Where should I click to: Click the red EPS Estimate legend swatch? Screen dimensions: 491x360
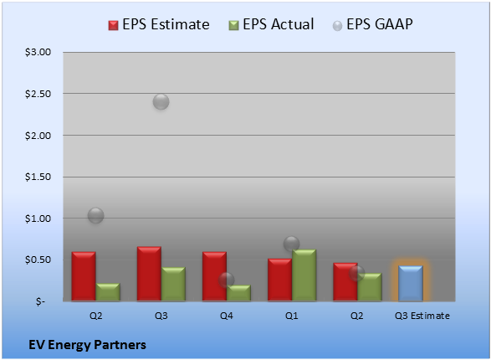pyautogui.click(x=113, y=25)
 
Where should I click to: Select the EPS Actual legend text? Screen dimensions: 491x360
pyautogui.click(x=278, y=24)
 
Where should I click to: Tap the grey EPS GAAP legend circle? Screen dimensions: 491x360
pyautogui.click(x=337, y=26)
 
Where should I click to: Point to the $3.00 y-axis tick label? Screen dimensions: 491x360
pyautogui.click(x=38, y=52)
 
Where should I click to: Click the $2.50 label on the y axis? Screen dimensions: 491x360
pyautogui.click(x=38, y=94)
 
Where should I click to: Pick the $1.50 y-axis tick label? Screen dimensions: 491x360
pyautogui.click(x=38, y=177)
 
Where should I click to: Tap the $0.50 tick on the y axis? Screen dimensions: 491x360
pyautogui.click(x=38, y=260)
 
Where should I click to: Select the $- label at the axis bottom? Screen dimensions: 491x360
pyautogui.click(x=40, y=301)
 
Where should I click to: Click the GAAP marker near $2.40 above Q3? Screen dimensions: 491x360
pyautogui.click(x=161, y=101)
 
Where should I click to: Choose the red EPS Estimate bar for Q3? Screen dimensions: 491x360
pyautogui.click(x=149, y=274)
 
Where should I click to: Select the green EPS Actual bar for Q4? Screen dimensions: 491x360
pyautogui.click(x=238, y=293)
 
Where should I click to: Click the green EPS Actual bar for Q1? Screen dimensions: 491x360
pyautogui.click(x=304, y=275)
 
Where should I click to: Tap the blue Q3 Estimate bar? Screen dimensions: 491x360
pyautogui.click(x=411, y=283)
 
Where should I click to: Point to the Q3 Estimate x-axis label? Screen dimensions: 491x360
pyautogui.click(x=422, y=316)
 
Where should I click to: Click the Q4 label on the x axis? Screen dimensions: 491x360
pyautogui.click(x=227, y=316)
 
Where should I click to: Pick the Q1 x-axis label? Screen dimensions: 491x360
pyautogui.click(x=292, y=316)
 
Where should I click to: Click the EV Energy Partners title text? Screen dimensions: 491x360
pyautogui.click(x=87, y=345)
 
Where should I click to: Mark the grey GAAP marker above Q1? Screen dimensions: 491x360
pyautogui.click(x=292, y=244)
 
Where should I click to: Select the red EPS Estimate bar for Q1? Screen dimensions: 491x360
pyautogui.click(x=279, y=280)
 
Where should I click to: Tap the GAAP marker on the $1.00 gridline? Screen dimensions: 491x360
pyautogui.click(x=96, y=215)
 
